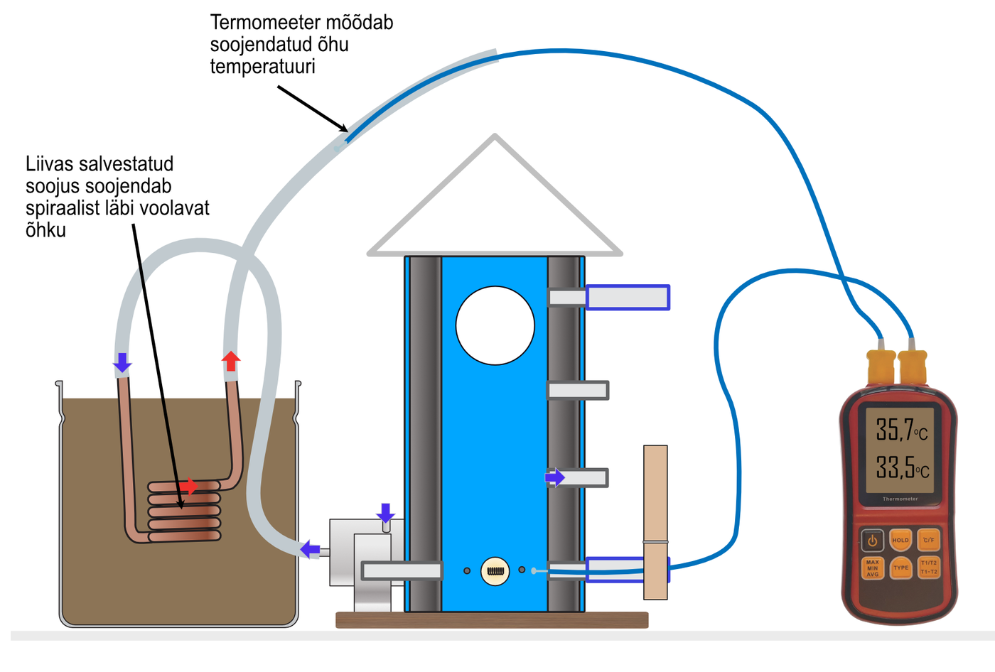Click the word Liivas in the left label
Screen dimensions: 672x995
click(49, 164)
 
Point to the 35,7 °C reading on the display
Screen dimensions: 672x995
click(901, 430)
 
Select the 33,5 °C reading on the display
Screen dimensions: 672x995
click(902, 468)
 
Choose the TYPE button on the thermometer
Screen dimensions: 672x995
click(901, 568)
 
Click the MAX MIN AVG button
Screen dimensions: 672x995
click(873, 568)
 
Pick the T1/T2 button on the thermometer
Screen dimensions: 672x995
click(929, 568)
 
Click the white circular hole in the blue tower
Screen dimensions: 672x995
click(495, 325)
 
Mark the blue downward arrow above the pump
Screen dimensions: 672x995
click(385, 513)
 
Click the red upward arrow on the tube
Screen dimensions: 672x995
click(231, 360)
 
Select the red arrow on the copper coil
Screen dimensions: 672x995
click(188, 487)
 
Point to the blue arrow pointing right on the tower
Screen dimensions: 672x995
click(555, 477)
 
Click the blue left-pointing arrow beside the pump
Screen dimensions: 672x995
click(310, 549)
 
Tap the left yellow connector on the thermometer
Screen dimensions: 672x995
click(881, 366)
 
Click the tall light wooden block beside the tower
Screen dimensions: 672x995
click(655, 521)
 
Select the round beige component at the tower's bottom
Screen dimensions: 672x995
click(495, 571)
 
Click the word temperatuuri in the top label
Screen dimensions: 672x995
click(262, 67)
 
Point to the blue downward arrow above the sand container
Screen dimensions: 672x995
click(122, 362)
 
